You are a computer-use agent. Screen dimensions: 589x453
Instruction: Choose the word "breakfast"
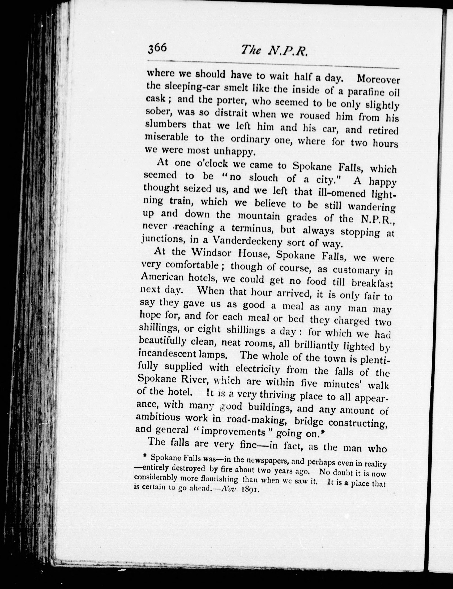[372, 284]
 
